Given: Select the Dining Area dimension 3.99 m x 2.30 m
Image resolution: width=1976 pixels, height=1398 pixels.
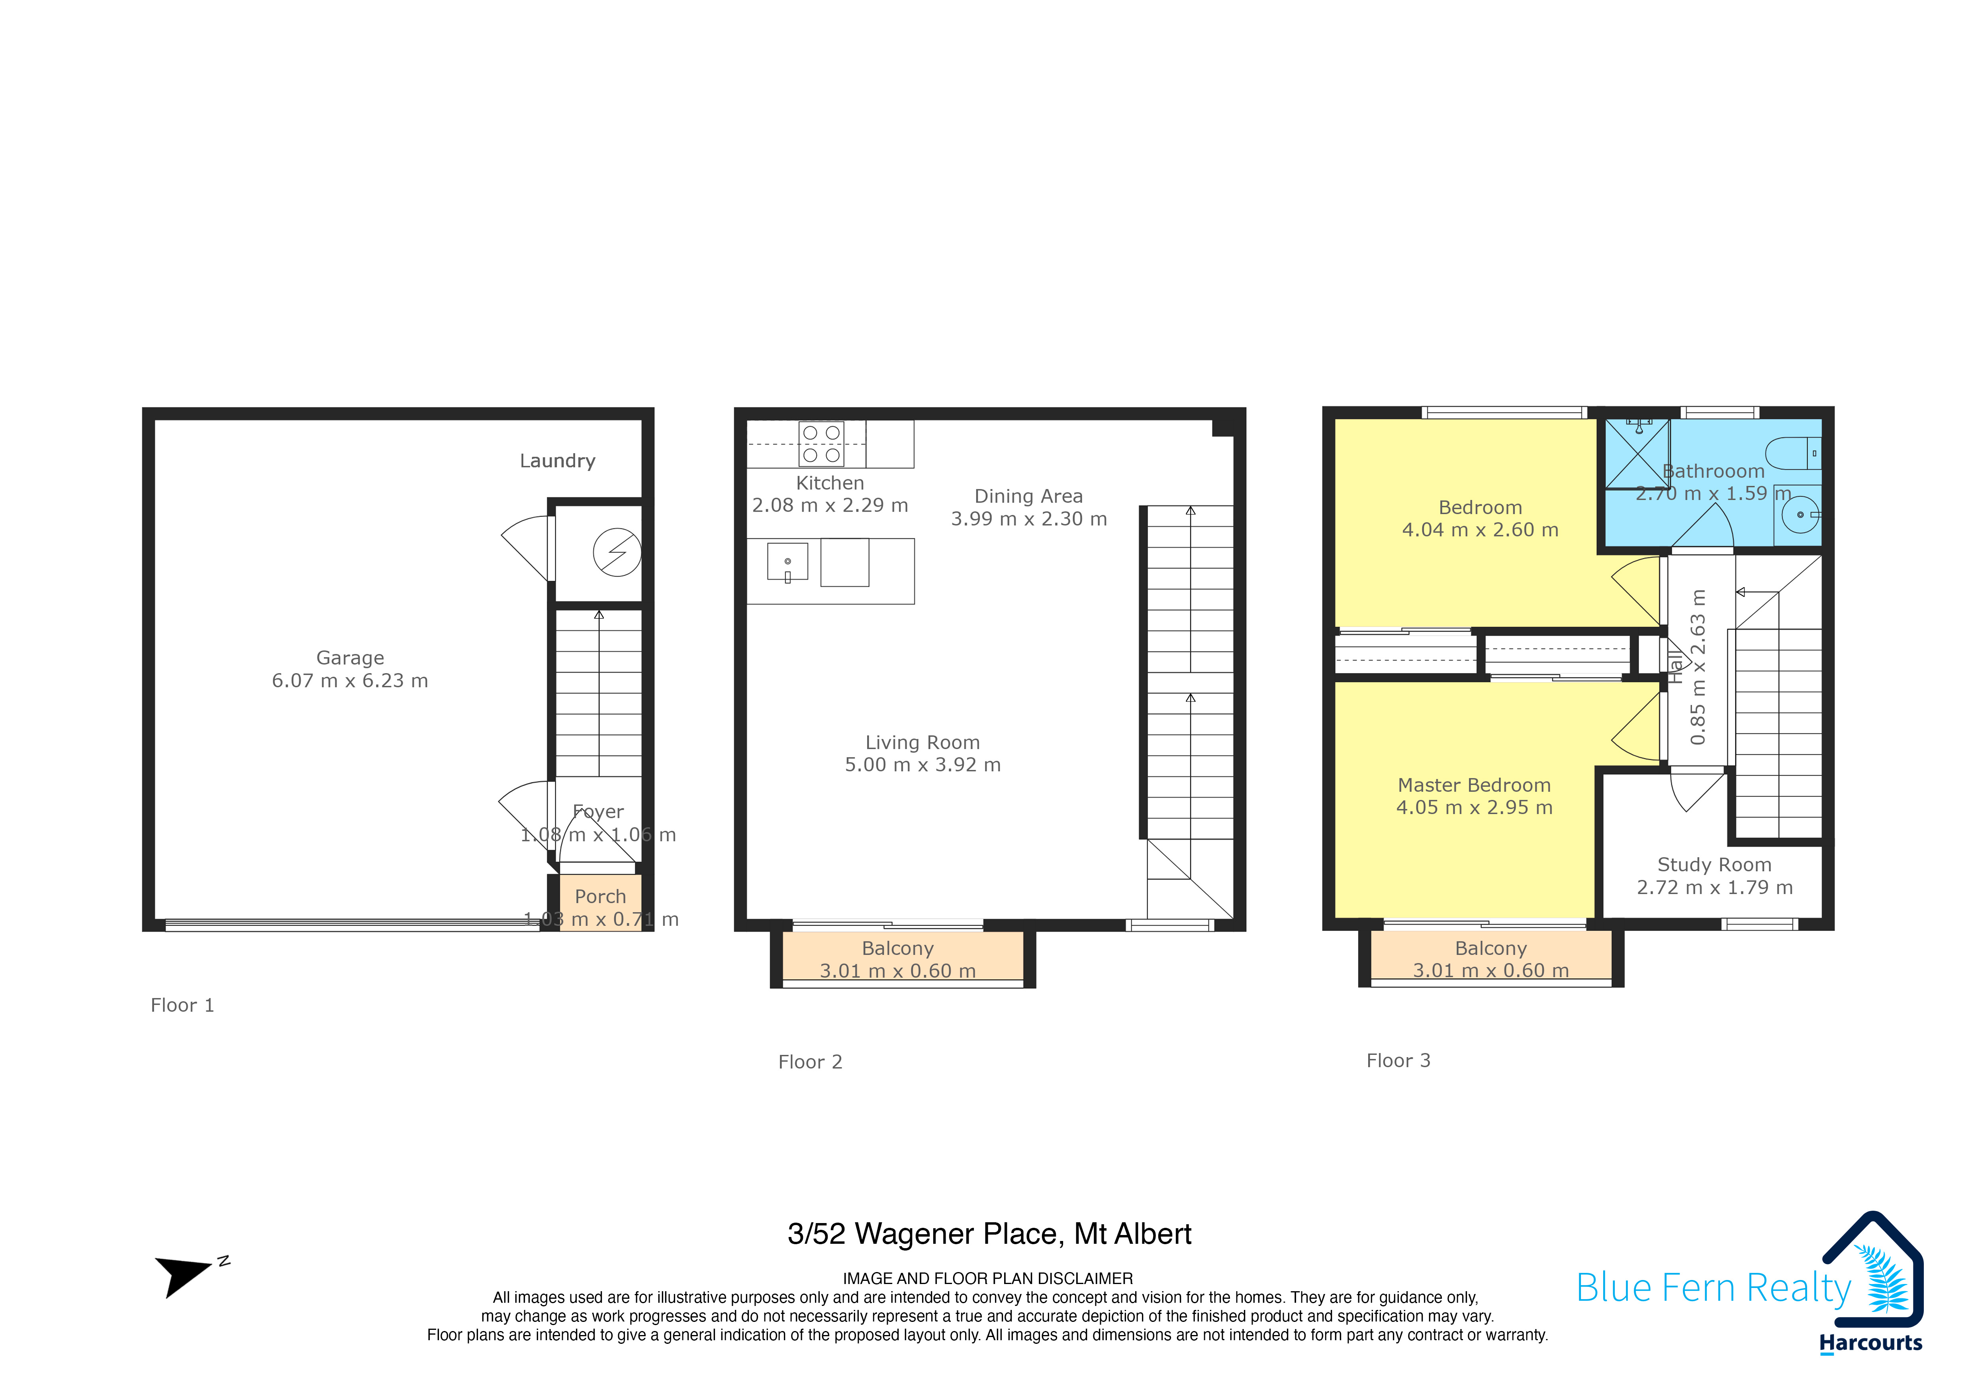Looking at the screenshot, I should (x=1028, y=519).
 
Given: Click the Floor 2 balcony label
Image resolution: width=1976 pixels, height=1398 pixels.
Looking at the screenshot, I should (x=898, y=948).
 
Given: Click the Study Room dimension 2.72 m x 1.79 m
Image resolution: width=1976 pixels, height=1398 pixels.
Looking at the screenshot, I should (x=1714, y=887).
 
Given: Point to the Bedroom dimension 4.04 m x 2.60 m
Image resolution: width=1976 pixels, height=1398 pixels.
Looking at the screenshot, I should (x=1480, y=530).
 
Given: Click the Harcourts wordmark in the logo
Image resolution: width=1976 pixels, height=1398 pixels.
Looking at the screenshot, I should (x=1870, y=1343).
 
